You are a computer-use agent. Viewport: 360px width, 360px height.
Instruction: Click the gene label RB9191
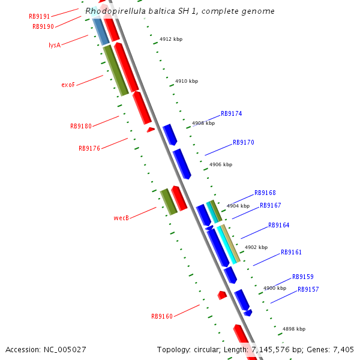click(x=40, y=17)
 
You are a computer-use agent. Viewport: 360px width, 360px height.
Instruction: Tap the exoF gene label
click(x=68, y=85)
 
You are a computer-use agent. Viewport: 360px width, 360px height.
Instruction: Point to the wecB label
click(x=121, y=218)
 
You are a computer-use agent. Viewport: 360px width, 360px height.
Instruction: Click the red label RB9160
click(x=162, y=316)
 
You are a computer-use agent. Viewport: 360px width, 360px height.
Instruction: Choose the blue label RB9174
click(x=232, y=113)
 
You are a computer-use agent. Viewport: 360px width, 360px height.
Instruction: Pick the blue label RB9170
click(x=244, y=143)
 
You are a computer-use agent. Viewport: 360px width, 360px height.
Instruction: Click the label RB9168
click(x=265, y=193)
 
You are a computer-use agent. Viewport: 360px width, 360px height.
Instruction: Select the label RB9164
click(x=279, y=226)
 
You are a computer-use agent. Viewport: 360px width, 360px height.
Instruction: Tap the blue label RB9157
click(x=308, y=289)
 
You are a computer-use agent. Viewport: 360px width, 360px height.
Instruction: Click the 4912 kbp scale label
click(x=171, y=39)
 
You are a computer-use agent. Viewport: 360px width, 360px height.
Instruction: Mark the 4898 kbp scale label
click(x=294, y=329)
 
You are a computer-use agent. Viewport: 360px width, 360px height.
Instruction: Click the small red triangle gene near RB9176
click(x=151, y=129)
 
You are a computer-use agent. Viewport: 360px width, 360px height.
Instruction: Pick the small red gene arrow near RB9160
click(x=222, y=295)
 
